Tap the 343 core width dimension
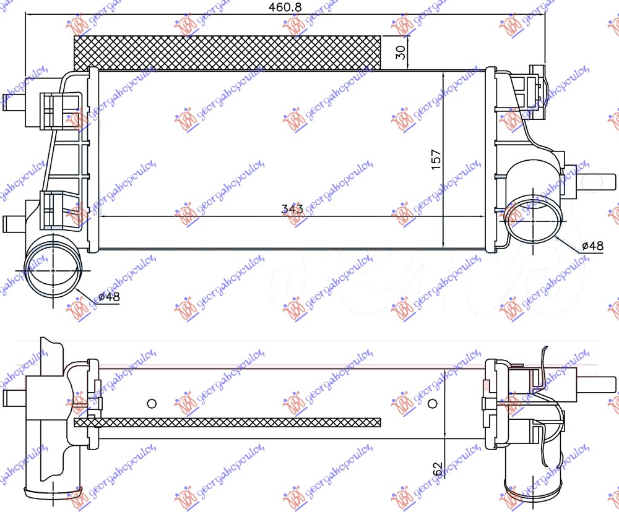(292, 209)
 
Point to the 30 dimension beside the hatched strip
(400, 53)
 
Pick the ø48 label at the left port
(109, 297)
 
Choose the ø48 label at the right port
(592, 246)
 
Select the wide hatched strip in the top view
(227, 53)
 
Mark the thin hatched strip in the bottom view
(227, 423)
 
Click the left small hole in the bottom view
(151, 404)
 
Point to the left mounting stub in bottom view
(14, 396)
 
